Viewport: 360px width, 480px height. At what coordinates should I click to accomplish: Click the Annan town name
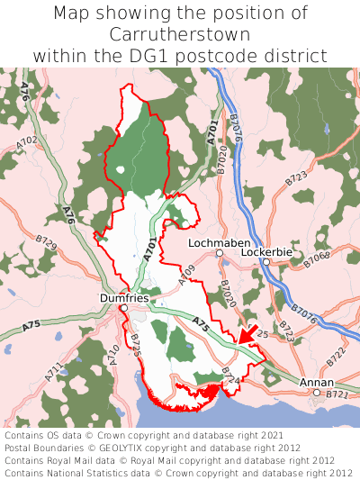(315, 383)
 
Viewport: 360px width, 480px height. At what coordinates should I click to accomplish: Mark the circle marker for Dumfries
(124, 308)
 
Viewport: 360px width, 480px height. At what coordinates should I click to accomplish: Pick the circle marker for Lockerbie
(265, 262)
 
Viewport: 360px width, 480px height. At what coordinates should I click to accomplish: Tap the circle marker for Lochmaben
(220, 254)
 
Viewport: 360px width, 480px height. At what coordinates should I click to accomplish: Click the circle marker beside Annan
(317, 393)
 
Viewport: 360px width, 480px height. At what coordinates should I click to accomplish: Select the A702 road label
(27, 142)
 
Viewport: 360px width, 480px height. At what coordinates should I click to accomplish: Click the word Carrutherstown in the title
(180, 34)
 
